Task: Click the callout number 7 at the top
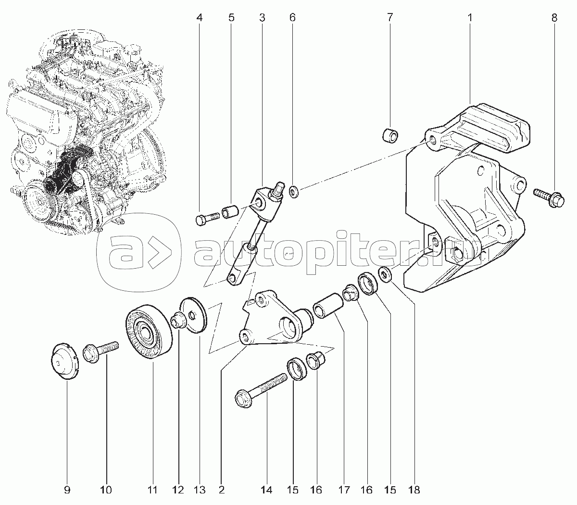389,18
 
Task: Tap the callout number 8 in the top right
554,18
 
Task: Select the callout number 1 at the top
470,18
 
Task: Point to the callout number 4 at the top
200,18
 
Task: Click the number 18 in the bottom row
414,490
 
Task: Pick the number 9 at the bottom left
67,490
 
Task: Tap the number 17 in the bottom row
344,490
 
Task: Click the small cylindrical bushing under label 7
390,135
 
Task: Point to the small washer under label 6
294,192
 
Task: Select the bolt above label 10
100,352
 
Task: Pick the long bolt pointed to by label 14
261,390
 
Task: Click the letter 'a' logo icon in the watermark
139,252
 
